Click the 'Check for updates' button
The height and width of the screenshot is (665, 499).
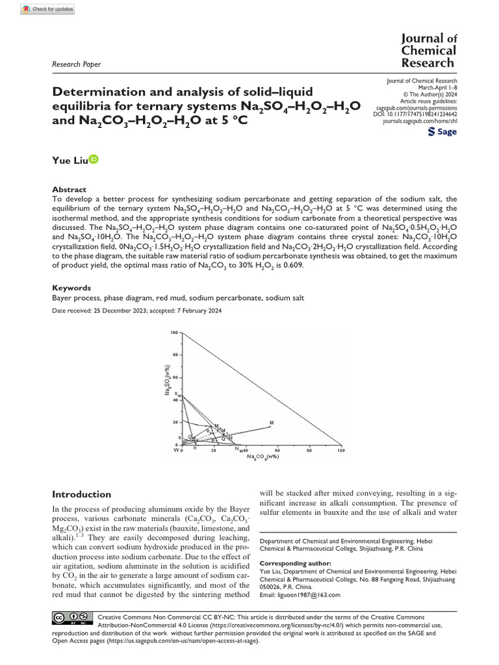point(48,9)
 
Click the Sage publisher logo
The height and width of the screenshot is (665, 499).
point(442,132)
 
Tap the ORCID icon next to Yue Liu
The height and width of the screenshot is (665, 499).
point(94,159)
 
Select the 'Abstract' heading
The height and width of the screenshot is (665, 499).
point(68,190)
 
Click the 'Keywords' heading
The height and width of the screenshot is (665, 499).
point(71,288)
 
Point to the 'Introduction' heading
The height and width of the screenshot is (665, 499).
point(81,494)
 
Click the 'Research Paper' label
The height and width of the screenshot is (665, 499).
point(76,64)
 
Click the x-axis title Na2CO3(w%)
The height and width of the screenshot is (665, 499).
point(263,457)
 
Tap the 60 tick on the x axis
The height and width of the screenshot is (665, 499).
point(278,449)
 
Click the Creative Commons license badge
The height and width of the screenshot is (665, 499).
point(70,617)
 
